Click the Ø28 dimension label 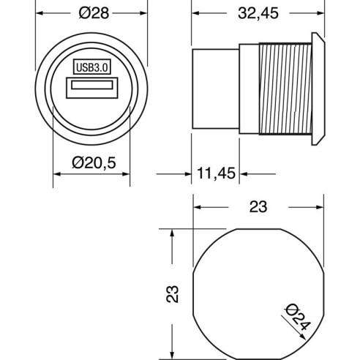(94, 13)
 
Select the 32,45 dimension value (258, 13)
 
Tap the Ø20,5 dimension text (94, 163)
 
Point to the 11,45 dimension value (216, 173)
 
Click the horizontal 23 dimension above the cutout (258, 207)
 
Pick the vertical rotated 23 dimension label (173, 294)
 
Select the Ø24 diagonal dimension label (298, 317)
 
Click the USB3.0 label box (92, 67)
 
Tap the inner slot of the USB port (92, 85)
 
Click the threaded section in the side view (285, 89)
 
